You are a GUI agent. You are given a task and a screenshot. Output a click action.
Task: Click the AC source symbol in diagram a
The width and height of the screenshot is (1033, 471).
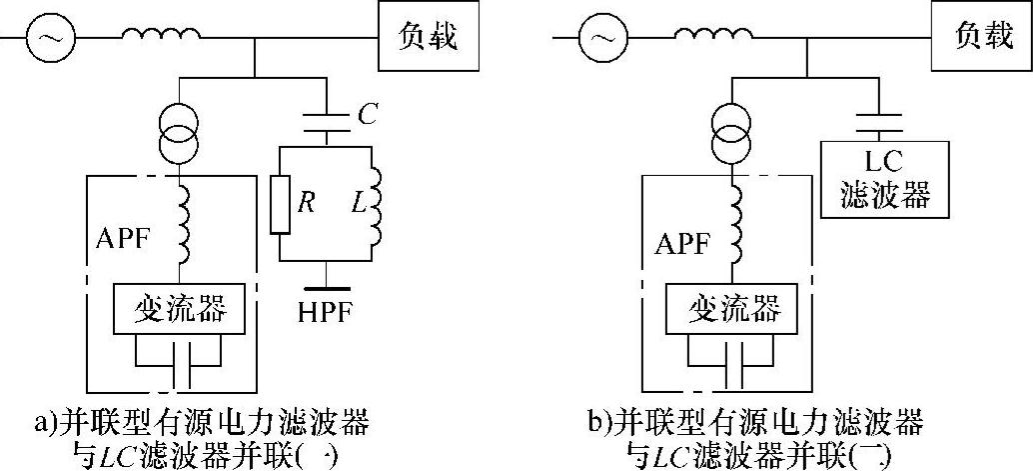47,41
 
